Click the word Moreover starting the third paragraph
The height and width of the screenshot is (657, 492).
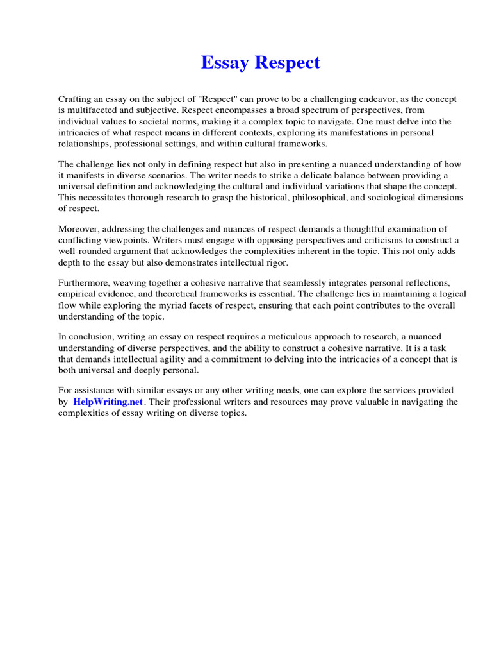79,230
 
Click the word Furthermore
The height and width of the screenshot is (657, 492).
84,284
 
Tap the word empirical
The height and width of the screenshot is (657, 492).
78,294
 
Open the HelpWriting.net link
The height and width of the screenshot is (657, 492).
108,402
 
